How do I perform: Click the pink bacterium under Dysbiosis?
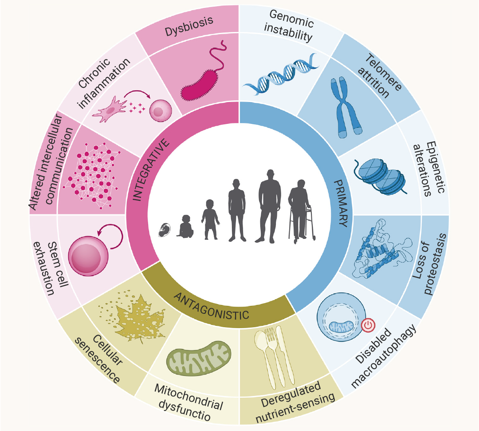200,86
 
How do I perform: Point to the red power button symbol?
368,325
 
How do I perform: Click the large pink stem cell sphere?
88,256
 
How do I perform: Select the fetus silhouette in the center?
165,230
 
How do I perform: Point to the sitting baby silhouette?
185,226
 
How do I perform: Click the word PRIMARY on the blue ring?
341,203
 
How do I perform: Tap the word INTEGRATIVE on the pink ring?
151,170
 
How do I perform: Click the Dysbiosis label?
189,26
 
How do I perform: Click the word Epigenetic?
436,167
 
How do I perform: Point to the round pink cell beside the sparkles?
161,111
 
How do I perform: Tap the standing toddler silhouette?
210,219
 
